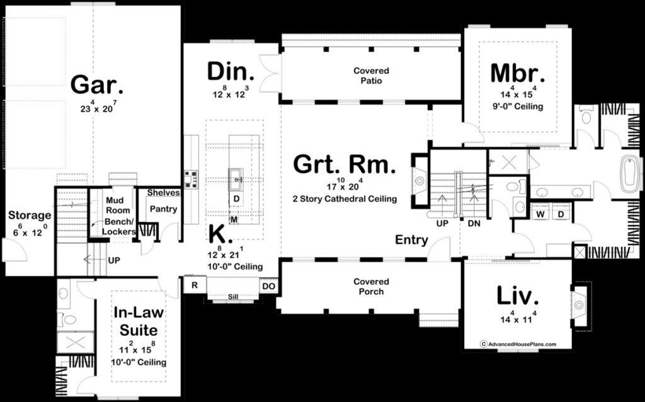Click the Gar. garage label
click(96, 84)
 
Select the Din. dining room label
click(231, 71)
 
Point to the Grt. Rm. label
click(345, 166)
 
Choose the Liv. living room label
click(517, 296)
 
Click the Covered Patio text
click(371, 76)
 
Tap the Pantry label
click(163, 209)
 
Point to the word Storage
click(30, 215)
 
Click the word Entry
click(411, 239)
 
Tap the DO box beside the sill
click(269, 286)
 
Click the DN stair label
click(475, 223)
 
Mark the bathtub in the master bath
click(630, 175)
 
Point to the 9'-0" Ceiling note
click(517, 106)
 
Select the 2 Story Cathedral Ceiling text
click(345, 198)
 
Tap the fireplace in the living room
click(579, 306)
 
